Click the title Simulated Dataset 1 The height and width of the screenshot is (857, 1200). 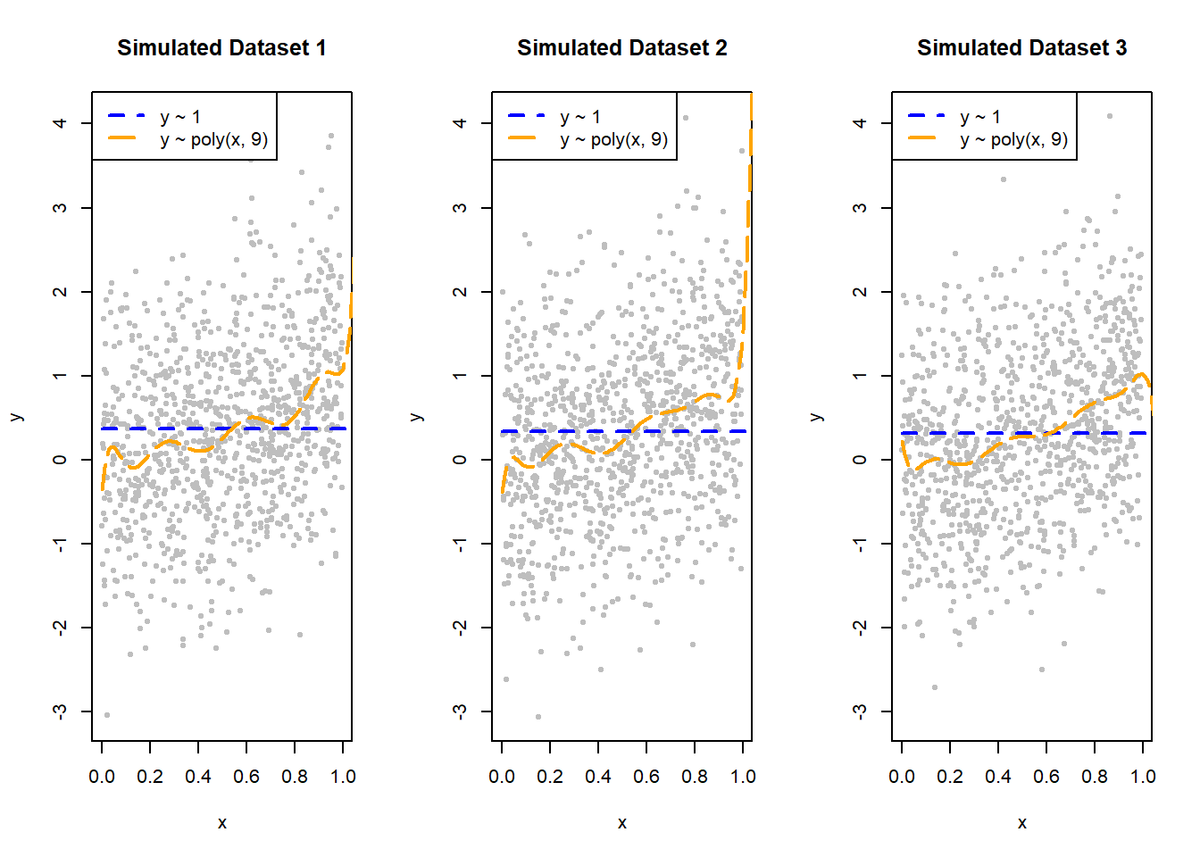click(x=221, y=48)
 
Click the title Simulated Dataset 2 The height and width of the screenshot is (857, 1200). click(x=621, y=48)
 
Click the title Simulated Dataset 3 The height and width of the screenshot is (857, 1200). click(x=1021, y=48)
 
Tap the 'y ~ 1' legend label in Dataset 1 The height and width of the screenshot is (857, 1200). click(x=180, y=117)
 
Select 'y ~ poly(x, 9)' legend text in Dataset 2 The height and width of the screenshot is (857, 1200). click(x=613, y=139)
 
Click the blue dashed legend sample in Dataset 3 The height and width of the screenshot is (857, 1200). click(x=926, y=115)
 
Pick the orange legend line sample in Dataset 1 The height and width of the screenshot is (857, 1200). click(x=126, y=138)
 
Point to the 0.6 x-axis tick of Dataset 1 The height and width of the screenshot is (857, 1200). click(x=246, y=777)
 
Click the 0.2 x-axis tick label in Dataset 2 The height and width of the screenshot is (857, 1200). click(x=550, y=777)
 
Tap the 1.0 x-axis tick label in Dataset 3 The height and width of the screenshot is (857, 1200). click(x=1143, y=777)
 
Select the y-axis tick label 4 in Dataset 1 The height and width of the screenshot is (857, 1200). click(x=60, y=122)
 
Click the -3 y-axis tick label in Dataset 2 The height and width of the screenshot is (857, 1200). click(x=460, y=711)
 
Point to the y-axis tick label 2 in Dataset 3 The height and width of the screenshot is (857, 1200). click(x=860, y=291)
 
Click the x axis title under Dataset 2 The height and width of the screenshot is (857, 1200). click(x=621, y=823)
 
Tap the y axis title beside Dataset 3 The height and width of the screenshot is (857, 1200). click(x=815, y=417)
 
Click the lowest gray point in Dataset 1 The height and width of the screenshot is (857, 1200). click(x=107, y=715)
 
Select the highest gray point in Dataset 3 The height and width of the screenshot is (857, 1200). click(x=1110, y=116)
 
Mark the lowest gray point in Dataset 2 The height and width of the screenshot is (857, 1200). click(x=537, y=717)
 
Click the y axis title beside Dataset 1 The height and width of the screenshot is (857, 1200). click(x=15, y=417)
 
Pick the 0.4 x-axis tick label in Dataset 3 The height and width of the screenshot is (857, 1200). click(x=998, y=777)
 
